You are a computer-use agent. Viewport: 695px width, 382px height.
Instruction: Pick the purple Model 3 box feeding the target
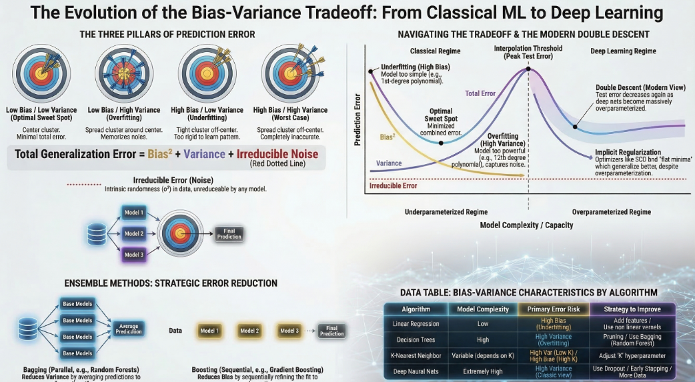pos(134,253)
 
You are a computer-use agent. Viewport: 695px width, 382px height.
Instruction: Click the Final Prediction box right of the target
pos(229,233)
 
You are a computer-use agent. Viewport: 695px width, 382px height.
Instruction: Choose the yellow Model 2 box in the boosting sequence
pos(249,331)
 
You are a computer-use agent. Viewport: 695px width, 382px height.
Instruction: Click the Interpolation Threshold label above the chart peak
pos(528,53)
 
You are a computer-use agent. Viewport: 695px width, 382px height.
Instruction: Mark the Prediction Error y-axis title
pos(358,121)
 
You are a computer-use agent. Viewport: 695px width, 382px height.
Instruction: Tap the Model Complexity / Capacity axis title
pos(526,225)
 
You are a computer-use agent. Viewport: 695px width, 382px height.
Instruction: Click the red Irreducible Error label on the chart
pos(393,185)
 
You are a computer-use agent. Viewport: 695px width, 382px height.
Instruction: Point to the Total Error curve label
pos(480,94)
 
